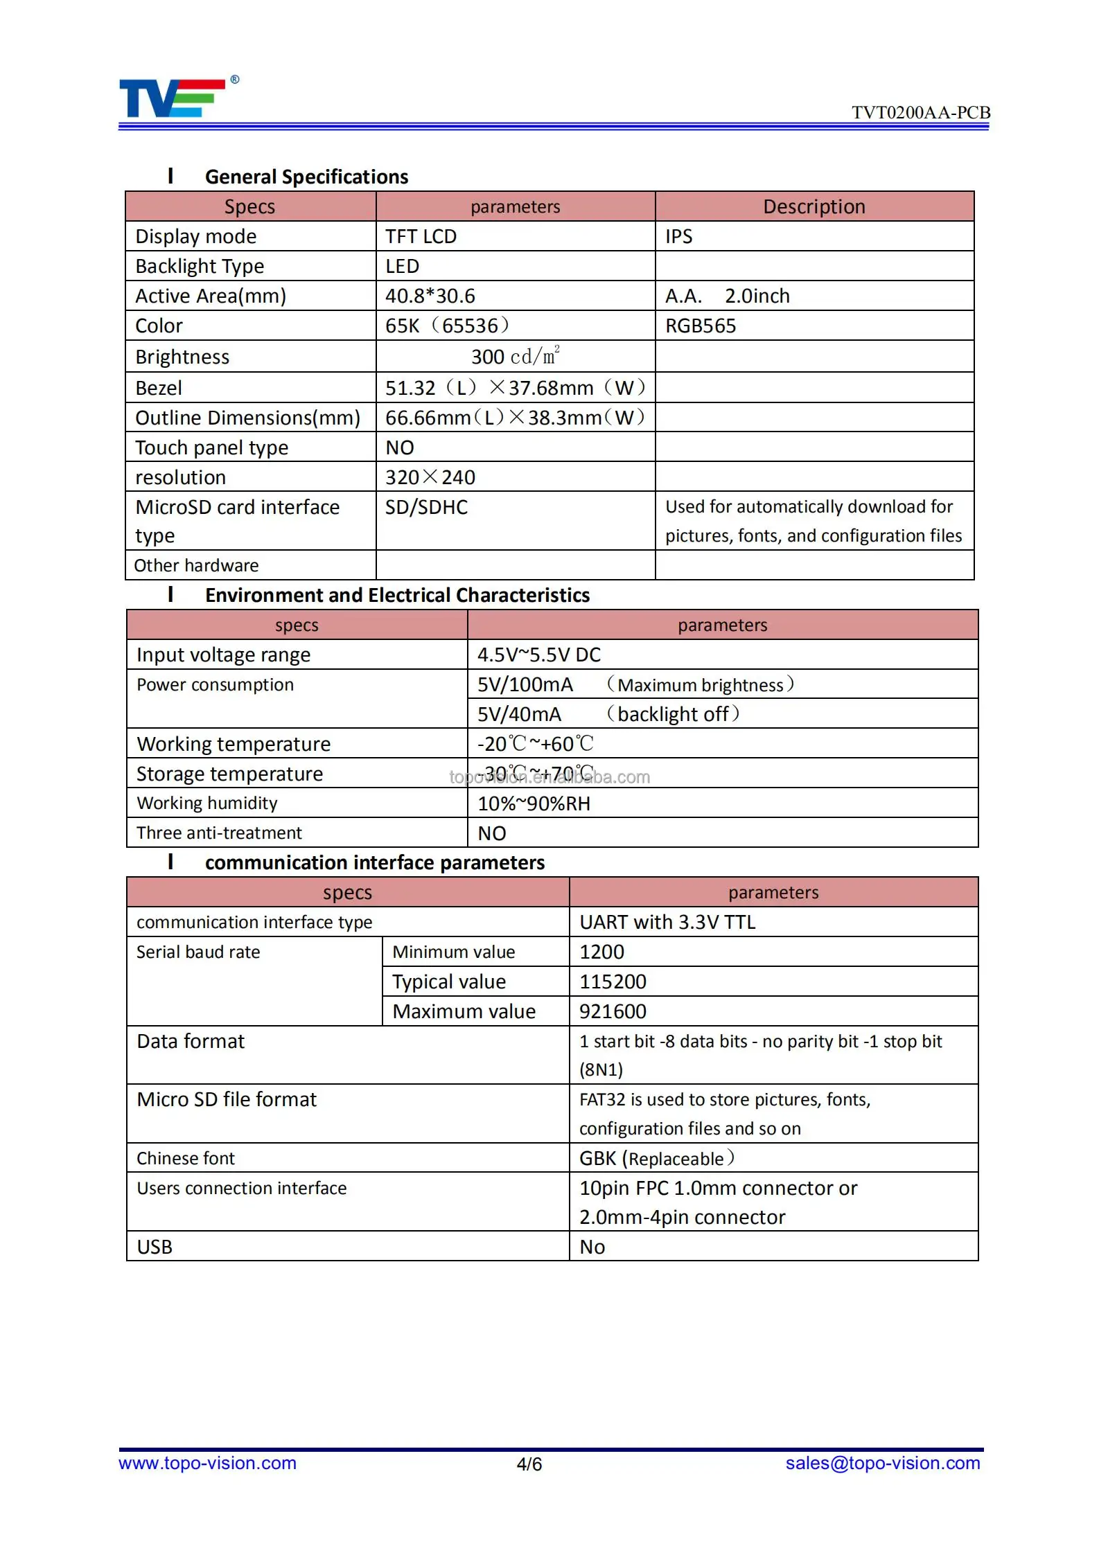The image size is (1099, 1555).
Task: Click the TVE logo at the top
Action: click(173, 98)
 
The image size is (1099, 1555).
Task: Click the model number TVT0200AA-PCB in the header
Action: click(920, 113)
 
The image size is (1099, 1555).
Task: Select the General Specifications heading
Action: click(306, 177)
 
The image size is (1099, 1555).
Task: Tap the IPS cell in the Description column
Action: click(679, 237)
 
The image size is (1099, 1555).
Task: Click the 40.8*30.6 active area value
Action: click(430, 296)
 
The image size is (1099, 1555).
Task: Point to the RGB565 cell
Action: click(701, 326)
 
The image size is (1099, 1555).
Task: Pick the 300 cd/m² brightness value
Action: click(515, 357)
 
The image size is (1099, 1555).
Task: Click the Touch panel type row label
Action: click(211, 448)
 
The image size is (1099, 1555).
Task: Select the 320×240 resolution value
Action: click(430, 478)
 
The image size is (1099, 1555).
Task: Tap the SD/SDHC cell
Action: click(427, 508)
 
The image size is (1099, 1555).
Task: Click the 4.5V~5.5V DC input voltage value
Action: click(539, 655)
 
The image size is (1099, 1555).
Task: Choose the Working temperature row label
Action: click(234, 745)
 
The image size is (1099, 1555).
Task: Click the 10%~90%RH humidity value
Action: click(534, 804)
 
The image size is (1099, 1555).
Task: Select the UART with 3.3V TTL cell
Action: click(667, 923)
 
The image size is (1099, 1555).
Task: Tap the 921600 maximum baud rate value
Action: click(613, 1012)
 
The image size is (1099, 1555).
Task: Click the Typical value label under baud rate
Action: click(449, 982)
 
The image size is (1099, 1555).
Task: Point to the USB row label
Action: click(155, 1247)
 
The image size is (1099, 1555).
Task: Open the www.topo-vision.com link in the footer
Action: click(207, 1463)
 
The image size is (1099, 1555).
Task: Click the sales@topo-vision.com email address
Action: click(883, 1463)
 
